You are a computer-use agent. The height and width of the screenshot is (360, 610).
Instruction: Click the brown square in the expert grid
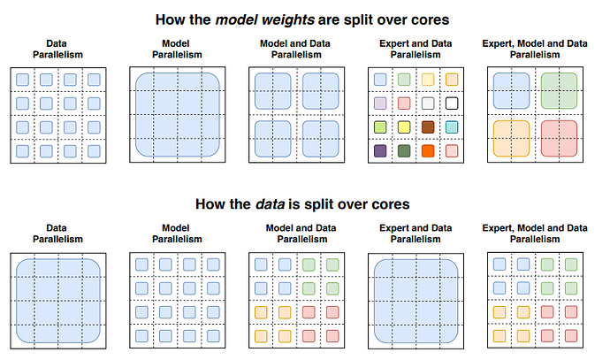(x=428, y=127)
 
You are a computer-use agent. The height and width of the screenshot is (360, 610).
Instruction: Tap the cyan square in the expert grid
(x=452, y=127)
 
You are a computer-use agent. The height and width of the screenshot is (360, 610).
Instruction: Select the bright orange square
(x=428, y=151)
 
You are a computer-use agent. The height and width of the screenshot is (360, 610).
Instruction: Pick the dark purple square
(x=380, y=151)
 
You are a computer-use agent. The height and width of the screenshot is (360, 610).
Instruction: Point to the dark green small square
(x=404, y=151)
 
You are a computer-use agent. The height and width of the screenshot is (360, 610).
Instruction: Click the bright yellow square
(x=404, y=127)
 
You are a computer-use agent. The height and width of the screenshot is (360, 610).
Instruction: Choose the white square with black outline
(x=452, y=103)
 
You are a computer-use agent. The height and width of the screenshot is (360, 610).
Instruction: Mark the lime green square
(x=380, y=127)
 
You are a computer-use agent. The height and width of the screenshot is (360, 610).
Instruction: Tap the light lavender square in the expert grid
(x=380, y=103)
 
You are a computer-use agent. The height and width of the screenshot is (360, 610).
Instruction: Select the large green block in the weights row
(x=559, y=91)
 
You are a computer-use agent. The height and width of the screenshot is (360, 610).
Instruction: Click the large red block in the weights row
(x=559, y=139)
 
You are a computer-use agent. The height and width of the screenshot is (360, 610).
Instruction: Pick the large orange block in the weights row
(x=511, y=139)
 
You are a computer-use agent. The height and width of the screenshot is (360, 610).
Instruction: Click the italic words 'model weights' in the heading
(x=265, y=19)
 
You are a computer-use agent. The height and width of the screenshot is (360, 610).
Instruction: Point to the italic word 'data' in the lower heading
(x=270, y=204)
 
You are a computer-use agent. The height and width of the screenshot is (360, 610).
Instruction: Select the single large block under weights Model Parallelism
(x=178, y=115)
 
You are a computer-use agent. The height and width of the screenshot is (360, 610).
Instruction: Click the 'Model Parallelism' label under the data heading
(x=177, y=234)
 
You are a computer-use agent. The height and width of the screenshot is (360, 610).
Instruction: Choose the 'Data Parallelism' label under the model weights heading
(x=57, y=49)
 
